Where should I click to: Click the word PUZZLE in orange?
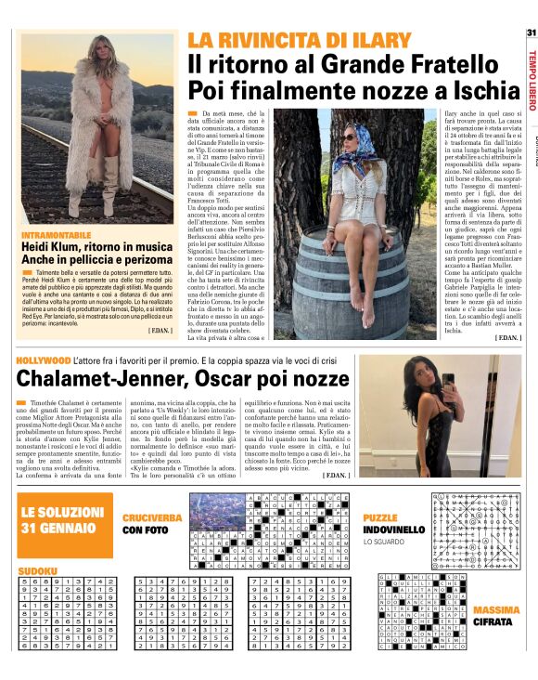[x=380, y=517]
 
